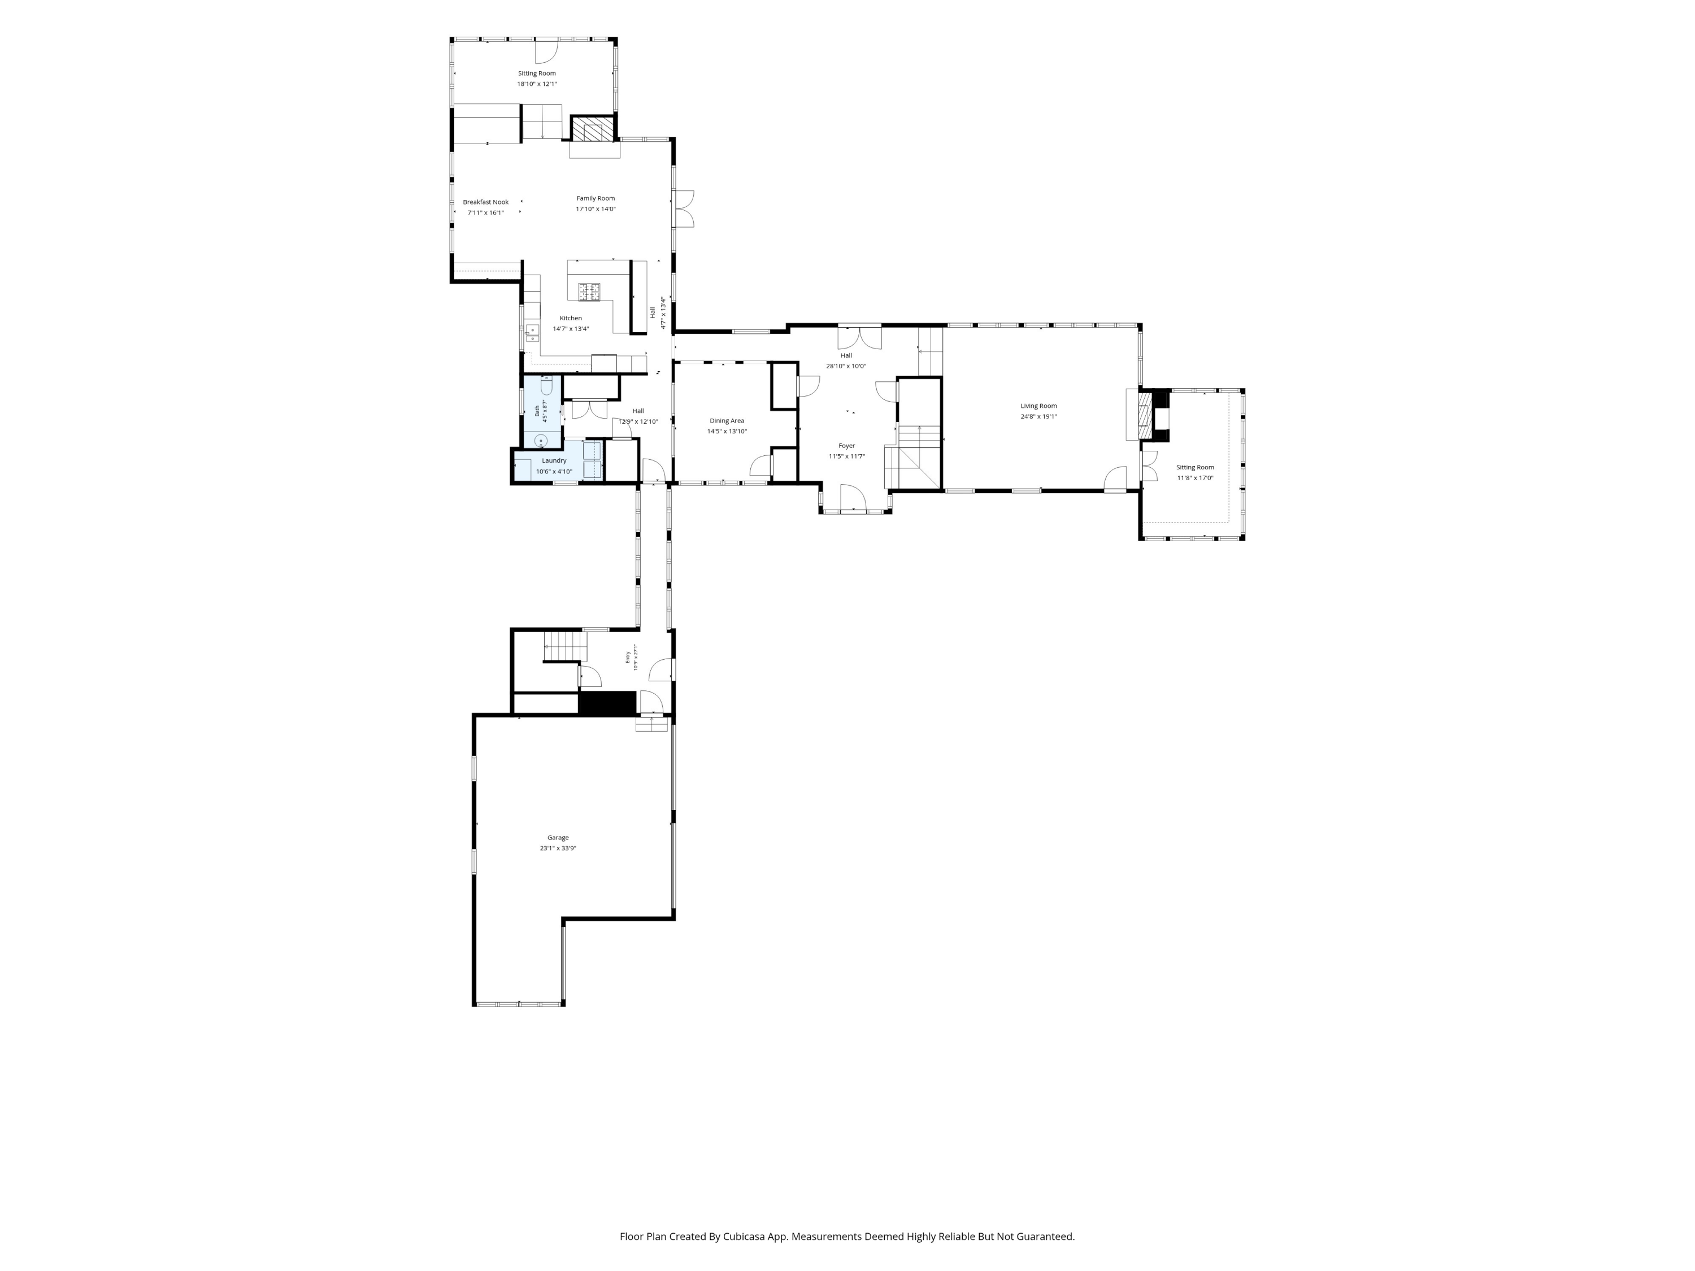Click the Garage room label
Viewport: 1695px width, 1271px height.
coord(558,837)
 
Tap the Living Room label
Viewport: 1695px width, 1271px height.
coord(1038,406)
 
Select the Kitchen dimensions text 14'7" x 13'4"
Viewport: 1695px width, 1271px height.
coord(571,329)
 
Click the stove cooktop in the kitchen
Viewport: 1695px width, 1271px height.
coord(589,291)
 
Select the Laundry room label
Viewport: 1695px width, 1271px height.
coord(554,460)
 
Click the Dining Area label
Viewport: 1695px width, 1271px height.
coord(727,421)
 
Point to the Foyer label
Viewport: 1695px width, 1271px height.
coord(847,446)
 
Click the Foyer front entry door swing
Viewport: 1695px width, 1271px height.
coord(853,498)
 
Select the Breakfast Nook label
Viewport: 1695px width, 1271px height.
coord(486,202)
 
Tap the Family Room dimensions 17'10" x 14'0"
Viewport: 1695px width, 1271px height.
coord(596,209)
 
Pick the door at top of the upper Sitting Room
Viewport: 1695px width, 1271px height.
coord(546,51)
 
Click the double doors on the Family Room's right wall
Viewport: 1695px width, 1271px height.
coord(684,209)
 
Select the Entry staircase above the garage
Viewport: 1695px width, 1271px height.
coord(566,646)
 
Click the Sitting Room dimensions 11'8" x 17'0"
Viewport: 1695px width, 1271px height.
coord(1196,478)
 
